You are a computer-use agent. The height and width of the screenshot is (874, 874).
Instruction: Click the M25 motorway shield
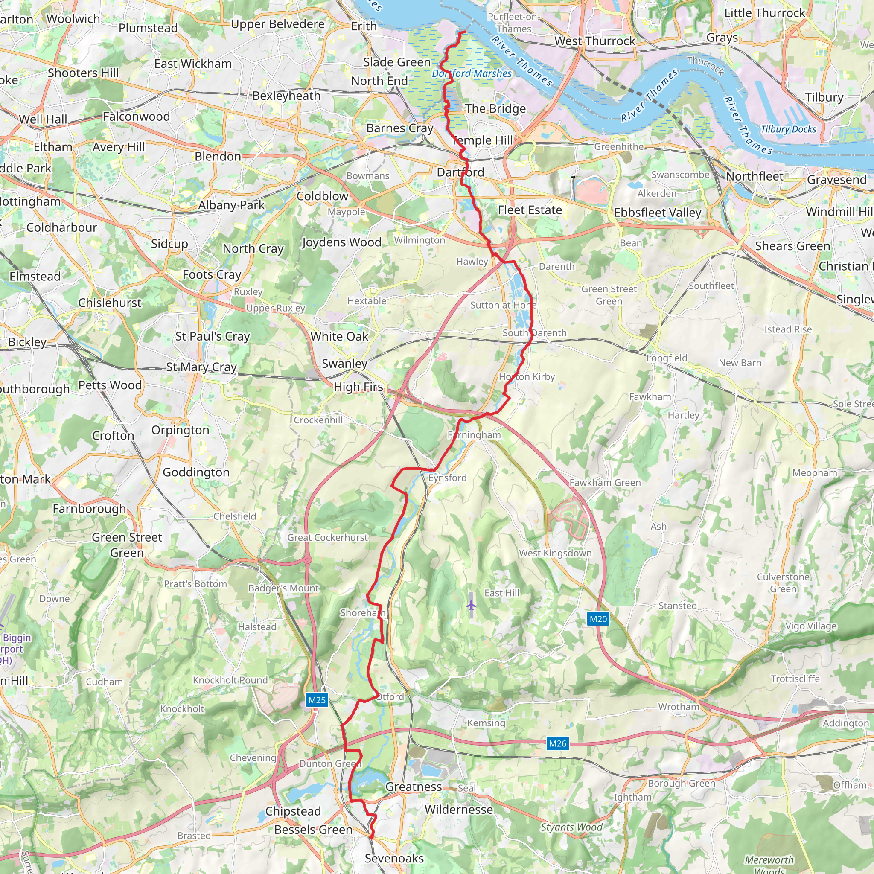[x=317, y=700]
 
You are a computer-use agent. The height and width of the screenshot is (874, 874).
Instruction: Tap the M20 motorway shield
[x=598, y=619]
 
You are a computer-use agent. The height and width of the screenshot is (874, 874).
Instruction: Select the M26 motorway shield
[x=557, y=743]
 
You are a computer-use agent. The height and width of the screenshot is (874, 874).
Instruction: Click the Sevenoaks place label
[x=394, y=858]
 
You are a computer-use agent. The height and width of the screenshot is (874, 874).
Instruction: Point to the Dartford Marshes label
[x=472, y=73]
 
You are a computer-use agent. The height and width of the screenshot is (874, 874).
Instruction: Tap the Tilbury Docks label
[x=789, y=129]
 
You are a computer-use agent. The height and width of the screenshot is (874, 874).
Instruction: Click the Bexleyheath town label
[x=286, y=96]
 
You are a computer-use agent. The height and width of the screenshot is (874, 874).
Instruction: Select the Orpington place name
[x=180, y=430]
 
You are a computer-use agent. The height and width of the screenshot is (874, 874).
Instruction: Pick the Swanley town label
[x=344, y=364]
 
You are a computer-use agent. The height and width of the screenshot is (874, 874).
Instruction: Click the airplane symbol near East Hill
[x=472, y=605]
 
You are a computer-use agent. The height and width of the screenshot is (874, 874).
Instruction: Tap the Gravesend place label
[x=836, y=180]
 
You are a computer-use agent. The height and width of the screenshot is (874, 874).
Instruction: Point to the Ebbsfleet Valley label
[x=657, y=213]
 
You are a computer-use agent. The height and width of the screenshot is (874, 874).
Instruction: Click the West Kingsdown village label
[x=555, y=553]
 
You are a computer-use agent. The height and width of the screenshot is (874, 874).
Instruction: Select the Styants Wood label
[x=571, y=827]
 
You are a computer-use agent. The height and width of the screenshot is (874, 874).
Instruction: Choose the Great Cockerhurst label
[x=327, y=537]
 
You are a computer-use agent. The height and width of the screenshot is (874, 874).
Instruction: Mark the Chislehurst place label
[x=110, y=303]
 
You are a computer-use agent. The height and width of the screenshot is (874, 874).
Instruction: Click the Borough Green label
[x=681, y=783]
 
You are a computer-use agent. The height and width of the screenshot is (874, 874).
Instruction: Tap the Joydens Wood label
[x=341, y=242]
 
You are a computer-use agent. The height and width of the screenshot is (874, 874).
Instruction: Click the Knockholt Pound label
[x=230, y=680]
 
